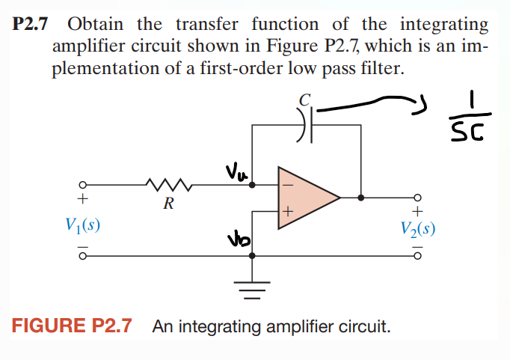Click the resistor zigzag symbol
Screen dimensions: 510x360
point(169,184)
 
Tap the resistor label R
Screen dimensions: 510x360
point(169,204)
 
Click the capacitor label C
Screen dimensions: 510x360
point(305,100)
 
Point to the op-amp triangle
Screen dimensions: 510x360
point(309,198)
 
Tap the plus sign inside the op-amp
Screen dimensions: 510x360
point(288,212)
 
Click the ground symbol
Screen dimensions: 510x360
point(252,290)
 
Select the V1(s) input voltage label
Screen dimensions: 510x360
point(82,225)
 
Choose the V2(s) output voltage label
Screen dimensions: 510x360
point(417,229)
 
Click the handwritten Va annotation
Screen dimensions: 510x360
point(236,172)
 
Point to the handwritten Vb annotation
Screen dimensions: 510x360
point(239,240)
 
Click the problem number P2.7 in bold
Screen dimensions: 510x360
point(30,24)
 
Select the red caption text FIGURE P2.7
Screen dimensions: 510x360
point(72,325)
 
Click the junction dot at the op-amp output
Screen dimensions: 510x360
point(360,198)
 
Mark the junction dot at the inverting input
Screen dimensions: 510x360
point(252,185)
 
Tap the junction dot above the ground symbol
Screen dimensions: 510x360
point(252,256)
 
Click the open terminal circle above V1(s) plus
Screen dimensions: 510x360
point(82,185)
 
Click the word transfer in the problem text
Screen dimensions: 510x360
point(207,24)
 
